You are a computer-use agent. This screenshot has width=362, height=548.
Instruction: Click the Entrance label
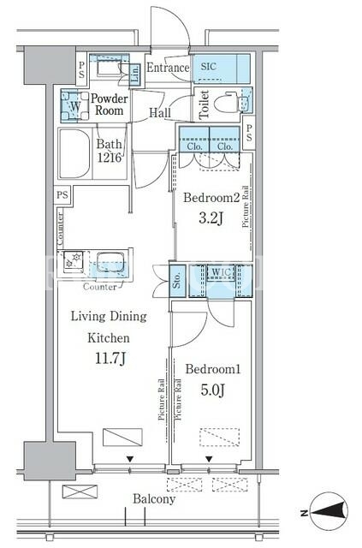(x=168, y=68)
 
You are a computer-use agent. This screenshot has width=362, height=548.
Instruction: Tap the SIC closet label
(x=208, y=67)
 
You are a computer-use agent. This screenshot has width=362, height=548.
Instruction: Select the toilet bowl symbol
(x=227, y=102)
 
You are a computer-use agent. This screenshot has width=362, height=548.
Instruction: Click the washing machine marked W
(x=74, y=106)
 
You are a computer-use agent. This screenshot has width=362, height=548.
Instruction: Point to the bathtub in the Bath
(x=74, y=154)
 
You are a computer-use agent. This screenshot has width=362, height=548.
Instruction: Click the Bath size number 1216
(x=110, y=158)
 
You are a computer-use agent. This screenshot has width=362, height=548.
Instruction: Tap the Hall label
(x=160, y=112)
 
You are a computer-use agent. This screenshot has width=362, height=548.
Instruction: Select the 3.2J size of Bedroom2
(x=211, y=218)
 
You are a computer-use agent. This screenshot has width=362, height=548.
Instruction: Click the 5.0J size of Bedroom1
(x=212, y=390)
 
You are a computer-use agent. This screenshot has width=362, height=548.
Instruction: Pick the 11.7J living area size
(x=110, y=358)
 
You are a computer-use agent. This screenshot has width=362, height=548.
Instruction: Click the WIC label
(x=221, y=272)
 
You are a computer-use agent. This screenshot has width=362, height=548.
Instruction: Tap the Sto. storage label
(x=177, y=280)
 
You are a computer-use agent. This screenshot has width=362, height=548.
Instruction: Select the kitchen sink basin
(x=110, y=262)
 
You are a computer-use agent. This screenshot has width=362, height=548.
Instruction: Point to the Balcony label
(x=154, y=499)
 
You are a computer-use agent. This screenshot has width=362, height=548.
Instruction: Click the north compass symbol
(x=329, y=512)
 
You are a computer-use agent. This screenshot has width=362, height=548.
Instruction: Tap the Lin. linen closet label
(x=135, y=74)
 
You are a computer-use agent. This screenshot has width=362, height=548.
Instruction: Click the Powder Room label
(x=110, y=104)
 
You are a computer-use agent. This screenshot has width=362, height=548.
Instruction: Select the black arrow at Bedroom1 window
(x=209, y=459)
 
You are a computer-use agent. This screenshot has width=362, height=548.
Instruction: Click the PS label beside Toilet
(x=249, y=133)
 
